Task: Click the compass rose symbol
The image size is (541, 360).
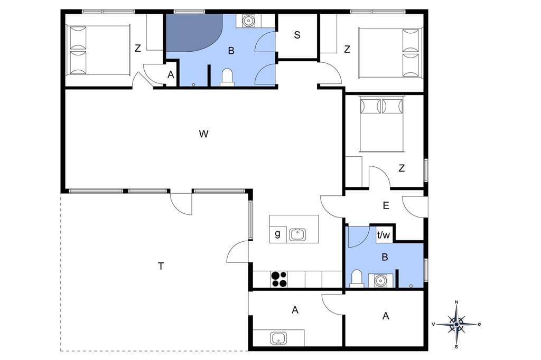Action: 456,324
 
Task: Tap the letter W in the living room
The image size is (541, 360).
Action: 203,134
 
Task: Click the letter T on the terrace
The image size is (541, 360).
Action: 161,266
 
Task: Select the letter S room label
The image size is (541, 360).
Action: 297,35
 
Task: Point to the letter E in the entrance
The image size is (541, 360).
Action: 386,205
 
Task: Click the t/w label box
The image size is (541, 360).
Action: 384,235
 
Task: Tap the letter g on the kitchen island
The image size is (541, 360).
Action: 277,234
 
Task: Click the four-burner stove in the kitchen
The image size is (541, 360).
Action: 279,279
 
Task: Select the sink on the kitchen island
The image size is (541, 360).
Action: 297,235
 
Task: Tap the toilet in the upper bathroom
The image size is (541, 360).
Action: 227,77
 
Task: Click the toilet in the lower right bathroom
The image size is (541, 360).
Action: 356,279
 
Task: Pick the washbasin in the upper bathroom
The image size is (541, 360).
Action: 248,21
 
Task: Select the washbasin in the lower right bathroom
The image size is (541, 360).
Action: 380,281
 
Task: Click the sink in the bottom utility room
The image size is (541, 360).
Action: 278,338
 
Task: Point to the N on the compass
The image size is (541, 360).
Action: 456,302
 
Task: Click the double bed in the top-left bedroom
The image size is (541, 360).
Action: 98,50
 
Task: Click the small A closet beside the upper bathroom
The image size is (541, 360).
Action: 171,74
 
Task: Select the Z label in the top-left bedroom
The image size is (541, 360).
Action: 138,48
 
